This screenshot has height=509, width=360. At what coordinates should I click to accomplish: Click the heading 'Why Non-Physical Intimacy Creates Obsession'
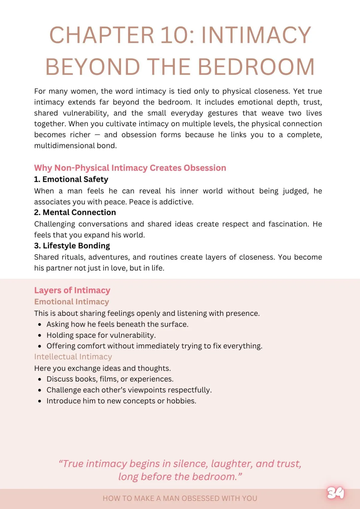[130, 168]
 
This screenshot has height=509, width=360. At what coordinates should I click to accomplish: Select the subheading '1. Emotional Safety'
[71, 179]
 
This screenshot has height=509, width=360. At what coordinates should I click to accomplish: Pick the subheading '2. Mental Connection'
[75, 212]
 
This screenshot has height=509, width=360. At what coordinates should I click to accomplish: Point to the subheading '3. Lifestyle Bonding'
[72, 246]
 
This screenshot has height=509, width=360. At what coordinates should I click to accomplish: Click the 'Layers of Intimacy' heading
[72, 290]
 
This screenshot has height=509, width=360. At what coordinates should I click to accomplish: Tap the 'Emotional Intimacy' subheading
[71, 302]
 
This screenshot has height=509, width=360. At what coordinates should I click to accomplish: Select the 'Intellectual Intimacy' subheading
[73, 357]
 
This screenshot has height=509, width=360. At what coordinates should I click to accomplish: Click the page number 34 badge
[336, 493]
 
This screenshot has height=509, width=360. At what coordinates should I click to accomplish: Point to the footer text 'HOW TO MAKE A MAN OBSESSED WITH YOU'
[180, 498]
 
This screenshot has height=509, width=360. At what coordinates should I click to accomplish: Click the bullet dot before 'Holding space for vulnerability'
[40, 335]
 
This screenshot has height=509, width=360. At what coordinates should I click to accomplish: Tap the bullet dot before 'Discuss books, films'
[40, 379]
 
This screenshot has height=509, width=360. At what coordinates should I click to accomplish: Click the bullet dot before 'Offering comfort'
[40, 346]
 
